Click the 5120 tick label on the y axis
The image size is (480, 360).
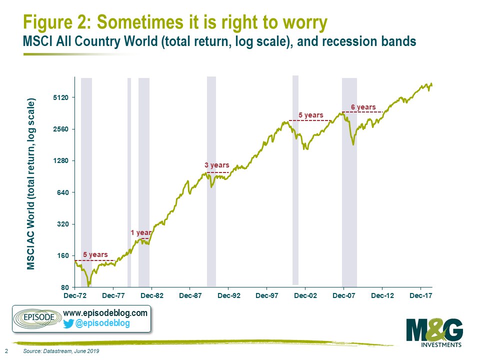(x=61, y=97)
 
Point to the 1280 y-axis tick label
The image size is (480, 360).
(x=61, y=160)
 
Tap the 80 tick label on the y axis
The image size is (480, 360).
(x=65, y=287)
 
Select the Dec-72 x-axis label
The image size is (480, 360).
(x=75, y=295)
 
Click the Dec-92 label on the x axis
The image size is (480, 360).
(x=229, y=295)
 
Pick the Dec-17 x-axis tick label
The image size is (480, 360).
(x=421, y=295)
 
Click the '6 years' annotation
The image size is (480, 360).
(x=363, y=107)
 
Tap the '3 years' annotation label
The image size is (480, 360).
(x=217, y=165)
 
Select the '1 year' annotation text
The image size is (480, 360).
(x=141, y=232)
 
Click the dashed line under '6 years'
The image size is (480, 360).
(x=362, y=112)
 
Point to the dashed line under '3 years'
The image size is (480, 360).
(x=217, y=172)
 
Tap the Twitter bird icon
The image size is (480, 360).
(x=68, y=323)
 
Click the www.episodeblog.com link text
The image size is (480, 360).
(x=105, y=313)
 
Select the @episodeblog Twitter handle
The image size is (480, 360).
(x=102, y=323)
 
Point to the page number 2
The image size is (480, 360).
(x=6, y=351)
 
